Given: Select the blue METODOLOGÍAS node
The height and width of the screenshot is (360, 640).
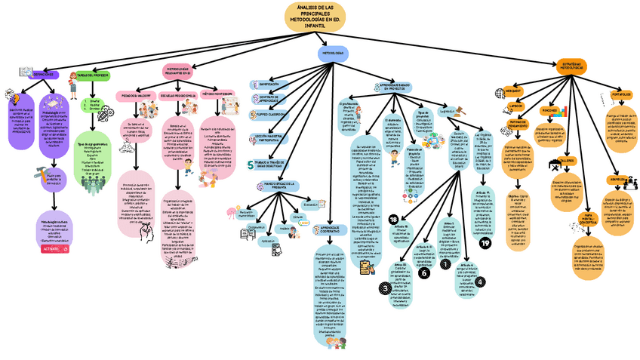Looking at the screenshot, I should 333,54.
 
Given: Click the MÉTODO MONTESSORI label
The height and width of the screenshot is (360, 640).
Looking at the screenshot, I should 217,94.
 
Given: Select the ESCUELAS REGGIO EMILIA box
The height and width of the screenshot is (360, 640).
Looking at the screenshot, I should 178,97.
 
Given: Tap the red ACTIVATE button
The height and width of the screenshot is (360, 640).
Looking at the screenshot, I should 53,248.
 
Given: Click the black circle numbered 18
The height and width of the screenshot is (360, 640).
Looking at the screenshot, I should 393,219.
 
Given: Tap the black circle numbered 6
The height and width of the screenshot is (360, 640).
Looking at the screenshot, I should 423,273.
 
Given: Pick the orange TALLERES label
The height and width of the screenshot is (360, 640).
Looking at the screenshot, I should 565,161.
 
